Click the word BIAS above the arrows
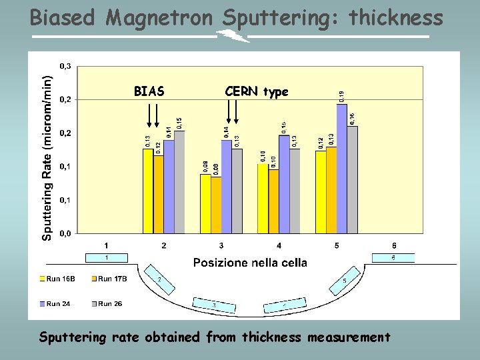(x=149, y=91)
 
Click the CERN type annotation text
(x=257, y=91)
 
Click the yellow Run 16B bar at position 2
(x=148, y=191)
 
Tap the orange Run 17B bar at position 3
(x=216, y=205)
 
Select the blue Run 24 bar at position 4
(x=284, y=184)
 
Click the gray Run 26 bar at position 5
(x=352, y=179)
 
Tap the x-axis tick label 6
(x=394, y=245)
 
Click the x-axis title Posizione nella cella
(x=250, y=263)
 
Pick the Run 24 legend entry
(x=59, y=304)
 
